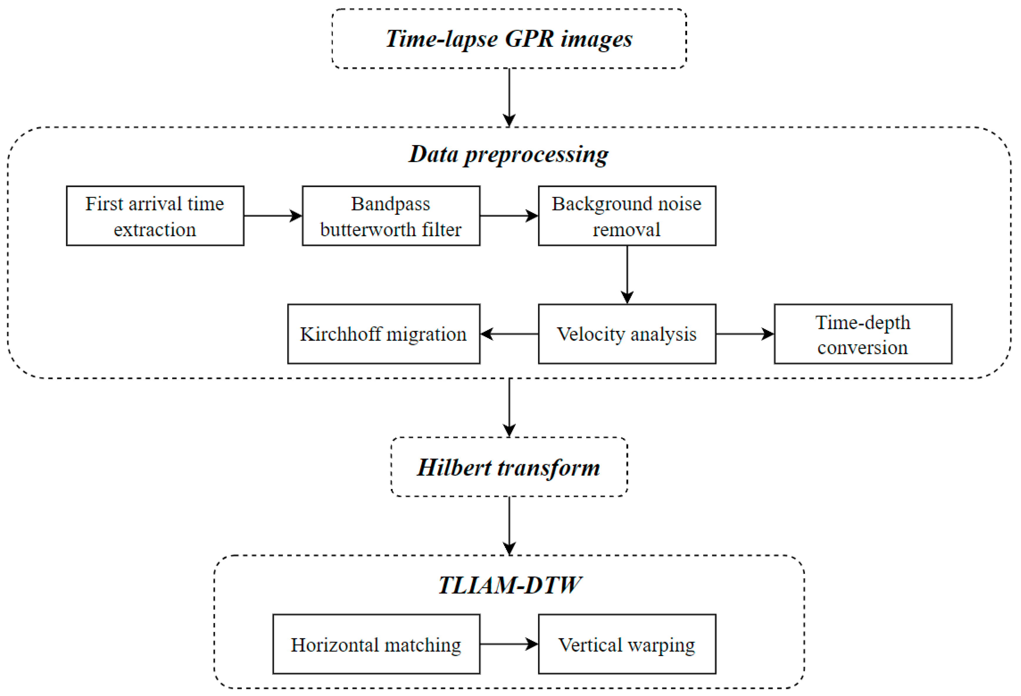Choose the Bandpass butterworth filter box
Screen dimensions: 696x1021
point(391,216)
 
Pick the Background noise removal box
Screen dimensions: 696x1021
point(627,216)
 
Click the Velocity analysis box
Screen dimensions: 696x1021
point(627,334)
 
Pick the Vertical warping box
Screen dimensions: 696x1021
point(627,644)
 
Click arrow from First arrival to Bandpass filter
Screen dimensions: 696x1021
point(273,216)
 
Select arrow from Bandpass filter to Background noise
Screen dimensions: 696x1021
point(509,216)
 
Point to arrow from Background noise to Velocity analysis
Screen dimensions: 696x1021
point(627,274)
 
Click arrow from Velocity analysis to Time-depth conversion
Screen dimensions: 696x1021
point(745,334)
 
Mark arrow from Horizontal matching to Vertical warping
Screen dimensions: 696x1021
point(509,644)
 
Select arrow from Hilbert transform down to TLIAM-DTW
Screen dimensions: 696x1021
point(509,525)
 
